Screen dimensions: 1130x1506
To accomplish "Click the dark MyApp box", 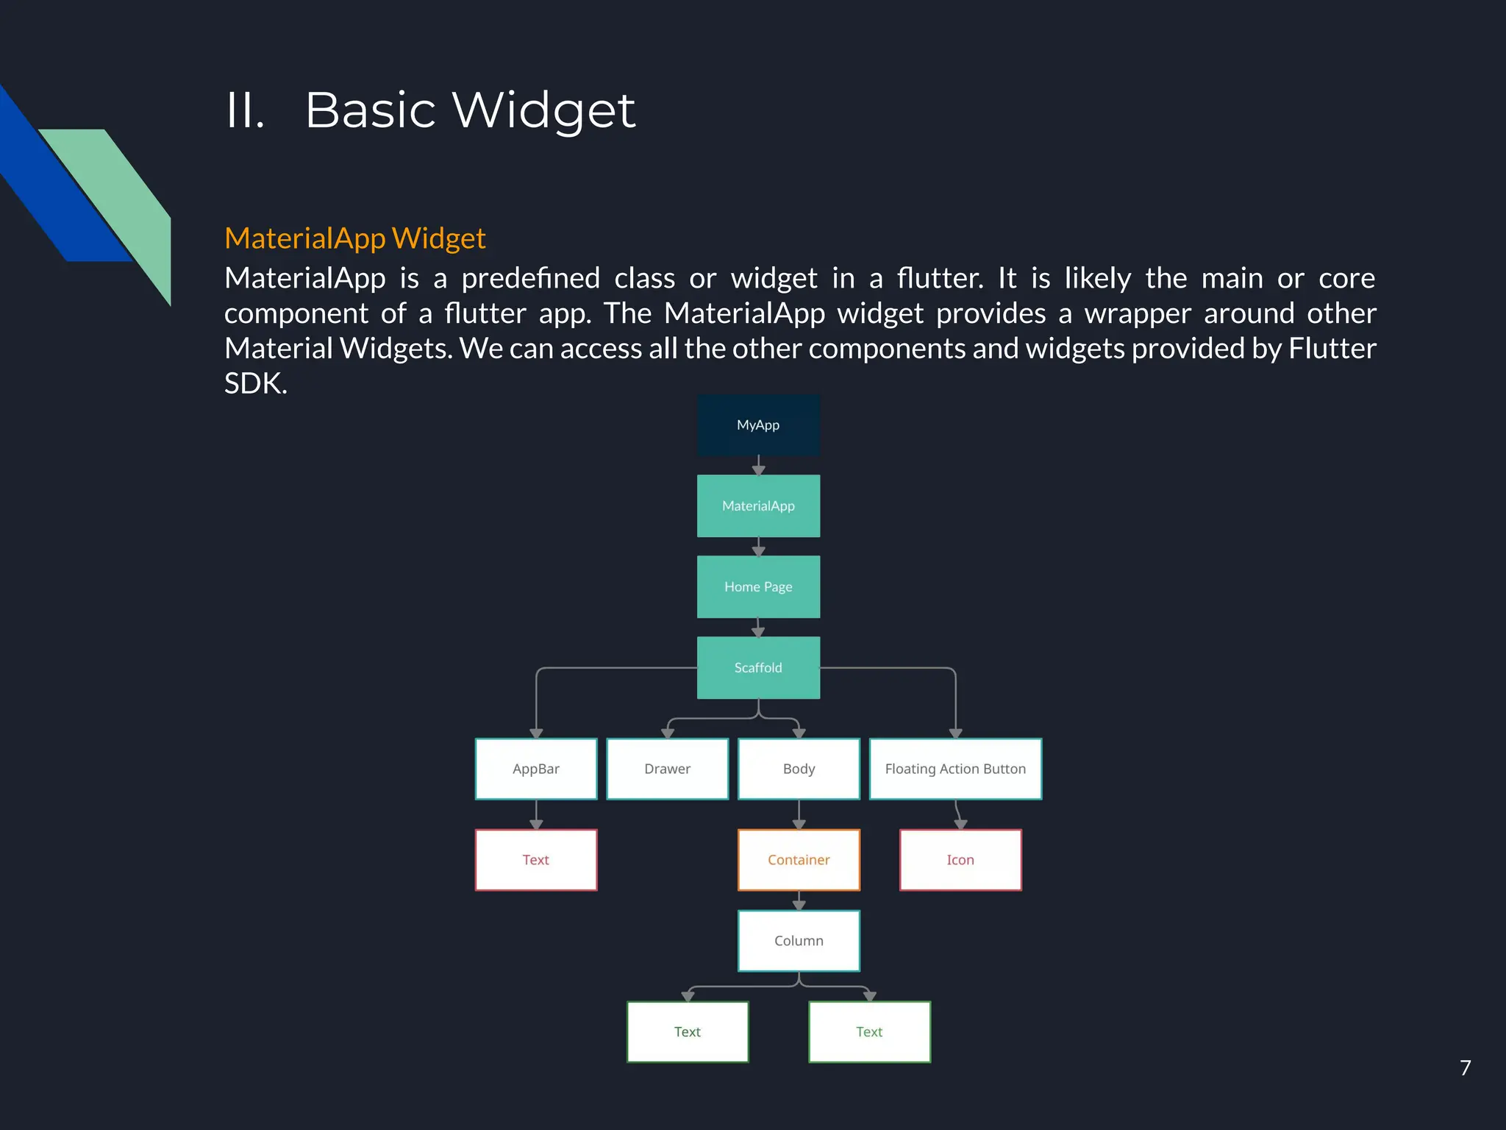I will [x=758, y=425].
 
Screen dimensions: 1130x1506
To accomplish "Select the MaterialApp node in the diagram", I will [x=758, y=506].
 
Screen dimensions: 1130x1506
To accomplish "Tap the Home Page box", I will [x=758, y=587].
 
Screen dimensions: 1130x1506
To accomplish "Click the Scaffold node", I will [x=758, y=668].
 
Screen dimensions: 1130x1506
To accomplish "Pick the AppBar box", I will [x=536, y=769].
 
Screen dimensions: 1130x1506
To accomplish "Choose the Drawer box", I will [x=667, y=769].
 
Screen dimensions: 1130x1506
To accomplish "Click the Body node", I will [x=799, y=769].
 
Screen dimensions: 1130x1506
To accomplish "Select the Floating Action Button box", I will [x=955, y=769].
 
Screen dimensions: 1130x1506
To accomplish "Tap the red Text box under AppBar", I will [x=536, y=860].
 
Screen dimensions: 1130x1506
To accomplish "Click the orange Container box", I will [x=799, y=860].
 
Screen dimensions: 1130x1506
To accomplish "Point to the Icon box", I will [x=960, y=860].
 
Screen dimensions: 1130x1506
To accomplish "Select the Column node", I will [x=799, y=941].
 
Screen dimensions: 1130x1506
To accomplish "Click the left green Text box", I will [x=688, y=1032].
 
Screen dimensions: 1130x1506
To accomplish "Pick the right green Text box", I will [x=869, y=1032].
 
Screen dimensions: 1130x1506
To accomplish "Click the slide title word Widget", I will [x=543, y=110].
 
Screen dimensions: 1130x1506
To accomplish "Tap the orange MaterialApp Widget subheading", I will [x=354, y=238].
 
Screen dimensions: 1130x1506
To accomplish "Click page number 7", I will [x=1465, y=1067].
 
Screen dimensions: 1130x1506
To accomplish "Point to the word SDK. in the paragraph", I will [x=255, y=383].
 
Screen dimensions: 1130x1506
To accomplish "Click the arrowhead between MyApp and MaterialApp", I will [x=758, y=469].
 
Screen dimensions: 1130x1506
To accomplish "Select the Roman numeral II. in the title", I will [x=245, y=110].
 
